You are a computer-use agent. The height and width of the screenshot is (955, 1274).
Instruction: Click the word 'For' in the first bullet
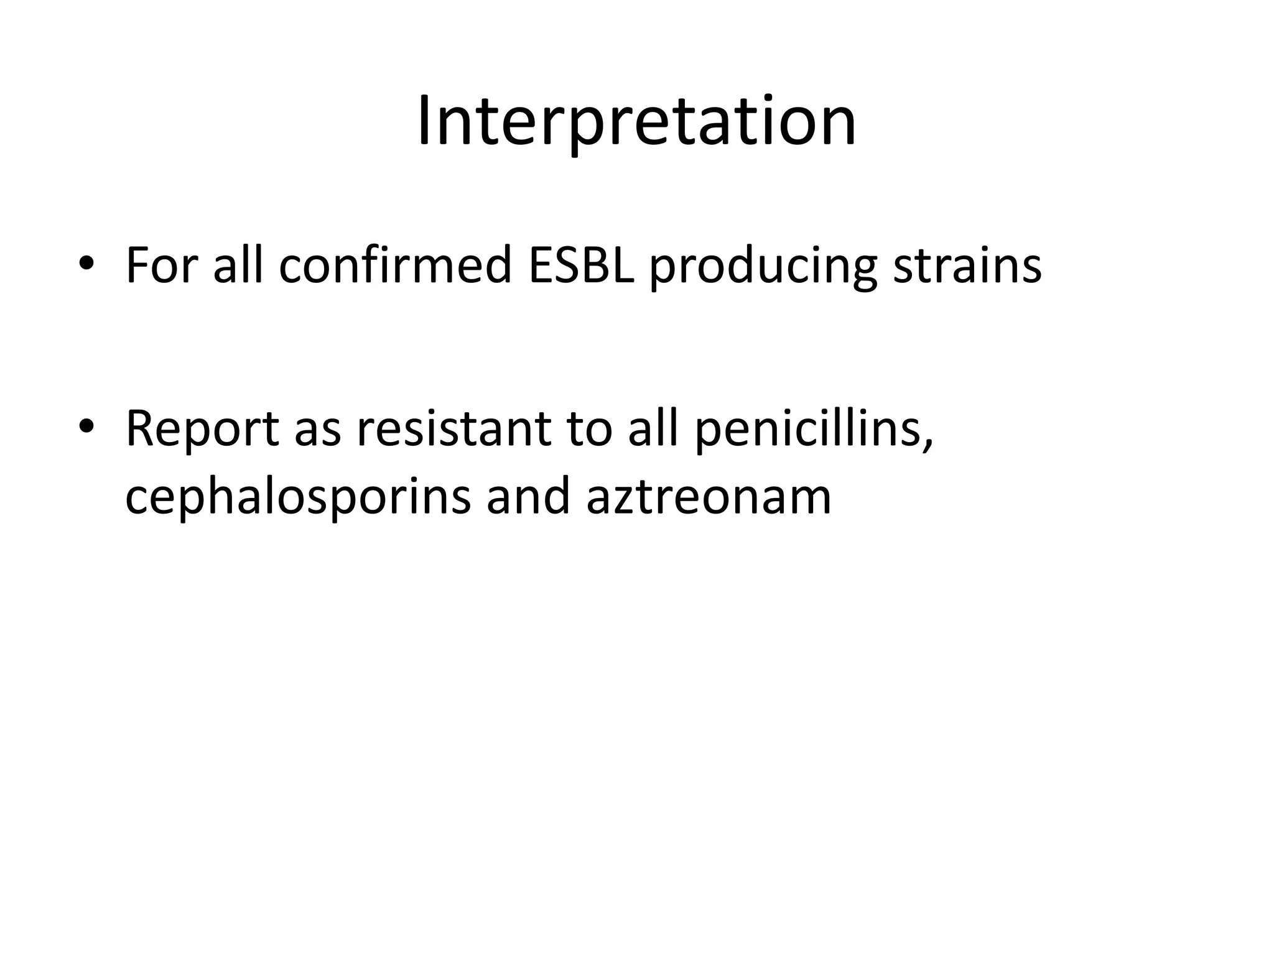[161, 266]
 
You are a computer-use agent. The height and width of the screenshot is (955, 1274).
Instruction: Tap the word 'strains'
[967, 266]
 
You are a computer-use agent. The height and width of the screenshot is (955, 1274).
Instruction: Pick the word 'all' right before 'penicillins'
[653, 429]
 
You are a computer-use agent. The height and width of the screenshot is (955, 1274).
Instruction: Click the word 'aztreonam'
[709, 497]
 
